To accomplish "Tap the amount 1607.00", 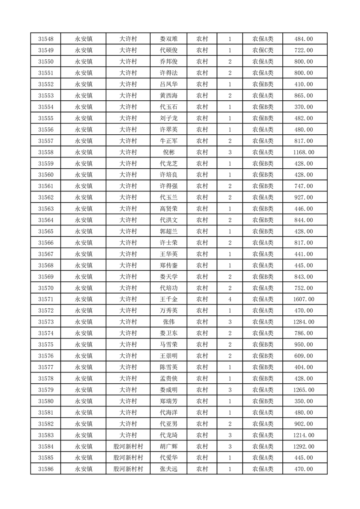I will pos(305,299).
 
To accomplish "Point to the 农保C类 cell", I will pos(263,50).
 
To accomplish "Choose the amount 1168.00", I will pos(305,152).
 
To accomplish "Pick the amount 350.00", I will pos(305,401).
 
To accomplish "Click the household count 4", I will pos(230,299).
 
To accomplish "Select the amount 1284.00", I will pos(305,322).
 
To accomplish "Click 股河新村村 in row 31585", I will pos(128,458).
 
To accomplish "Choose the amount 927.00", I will pos(305,197).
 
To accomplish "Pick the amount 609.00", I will pos(305,356).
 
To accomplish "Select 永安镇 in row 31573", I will pos(84,322).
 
